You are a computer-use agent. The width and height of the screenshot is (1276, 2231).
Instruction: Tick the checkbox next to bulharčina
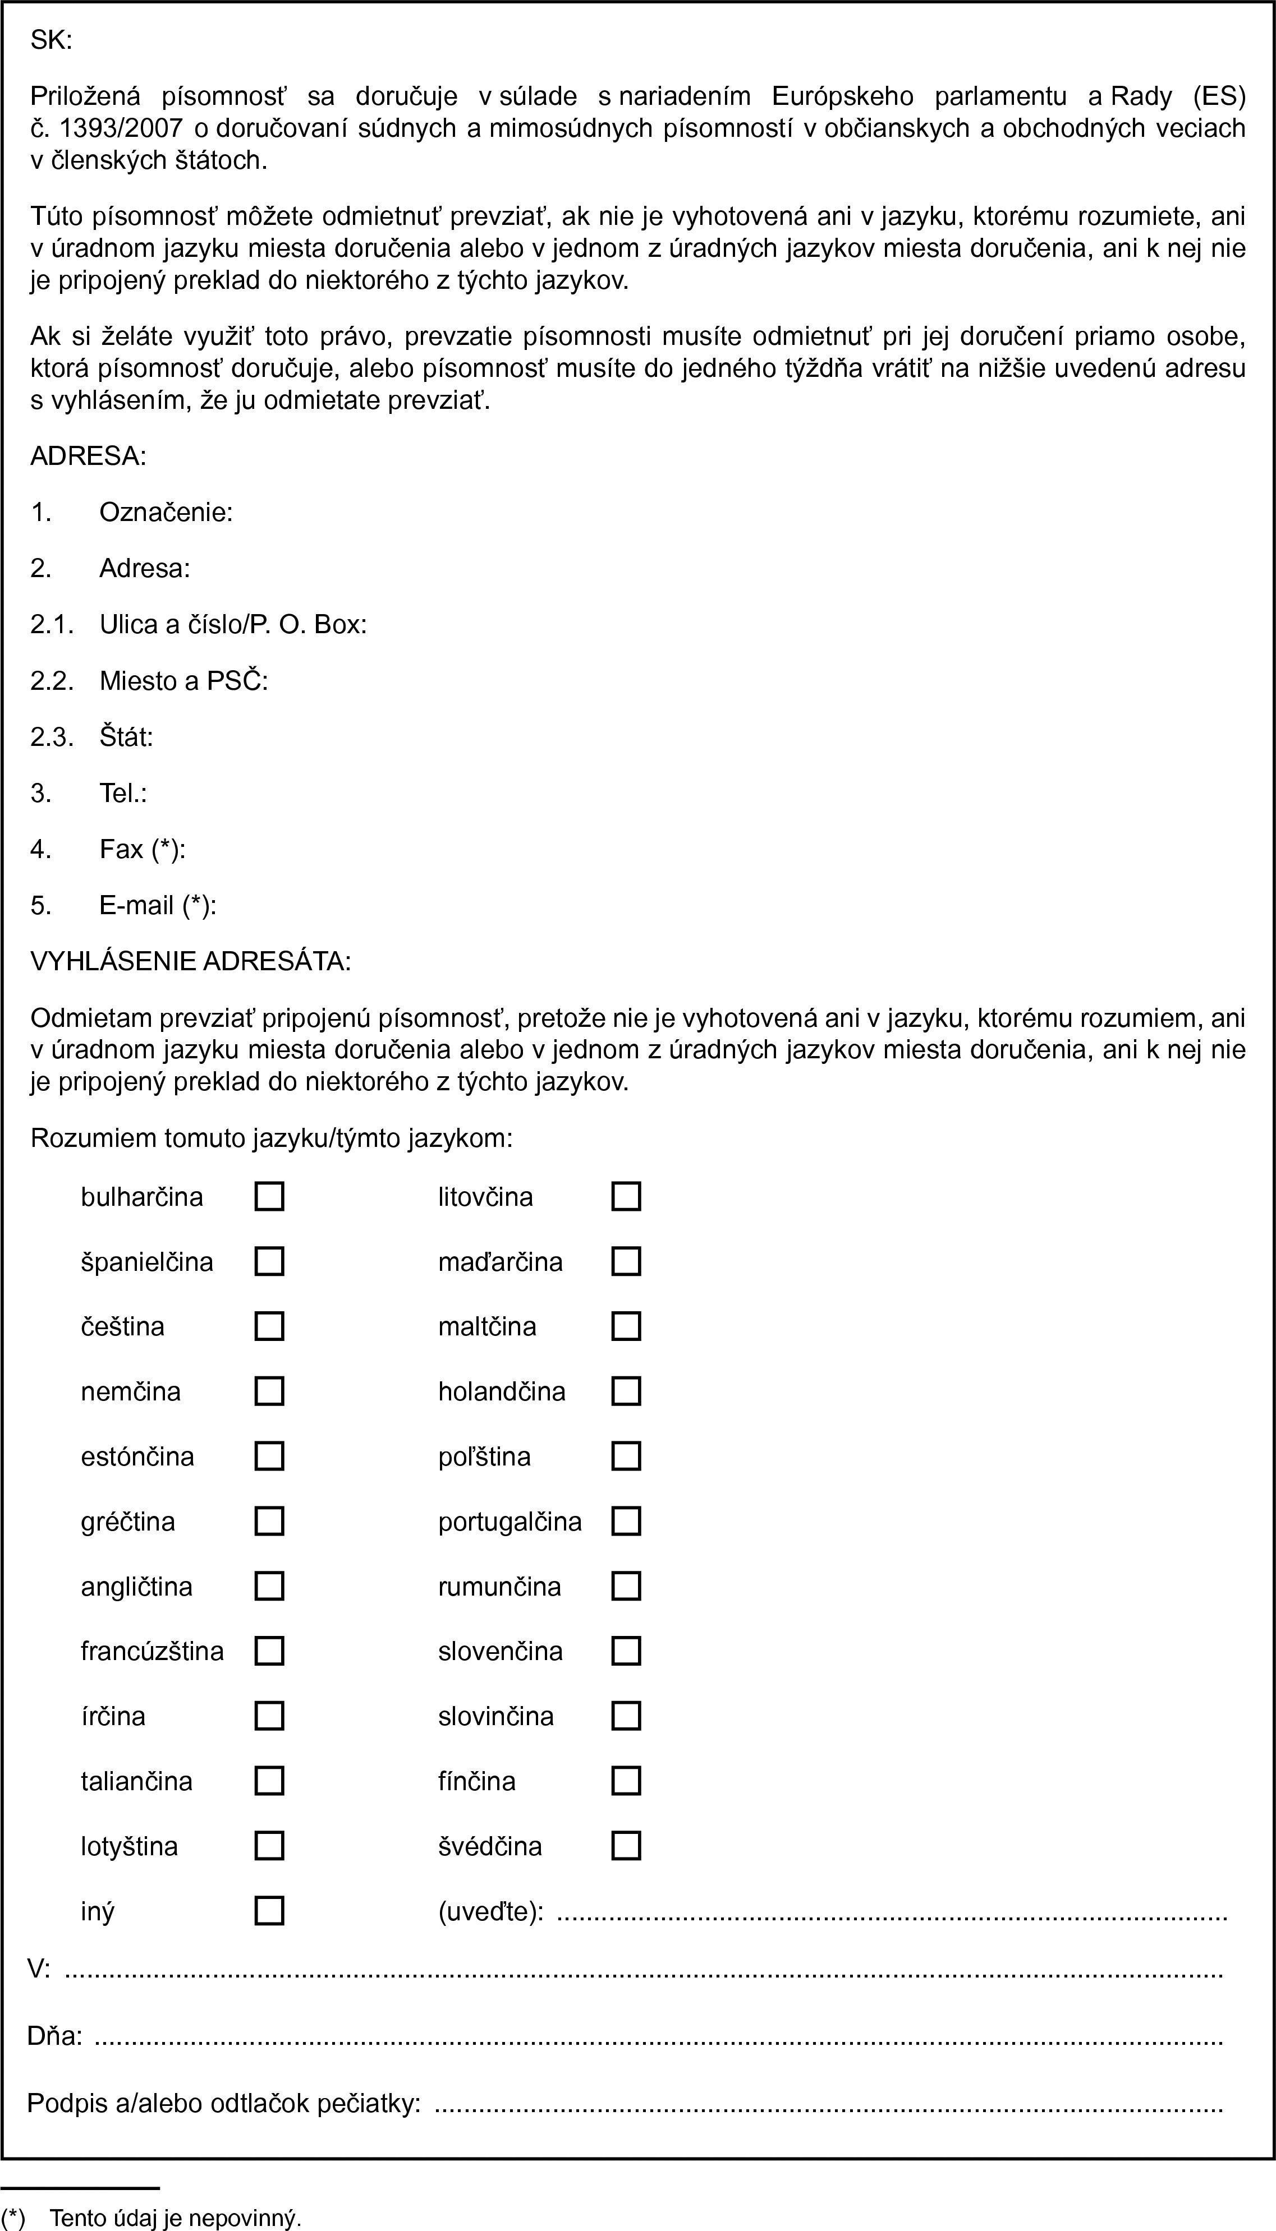coord(269,1196)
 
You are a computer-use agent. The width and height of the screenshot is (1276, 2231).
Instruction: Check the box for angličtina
coord(269,1586)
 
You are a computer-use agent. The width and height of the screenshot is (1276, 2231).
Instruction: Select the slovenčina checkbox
coord(626,1651)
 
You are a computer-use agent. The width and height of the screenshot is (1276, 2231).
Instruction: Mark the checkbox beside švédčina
coord(626,1846)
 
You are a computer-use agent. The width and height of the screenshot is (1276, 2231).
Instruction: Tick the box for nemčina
coord(269,1391)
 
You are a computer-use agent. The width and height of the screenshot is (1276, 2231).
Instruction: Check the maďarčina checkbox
coord(626,1261)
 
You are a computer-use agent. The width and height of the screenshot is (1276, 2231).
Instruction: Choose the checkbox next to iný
coord(269,1910)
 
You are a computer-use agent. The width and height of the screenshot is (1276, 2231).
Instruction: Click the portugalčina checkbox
coord(626,1522)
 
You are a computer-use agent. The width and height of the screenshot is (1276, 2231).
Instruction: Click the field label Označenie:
coord(166,513)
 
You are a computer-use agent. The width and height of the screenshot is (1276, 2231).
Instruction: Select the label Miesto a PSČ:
coord(183,681)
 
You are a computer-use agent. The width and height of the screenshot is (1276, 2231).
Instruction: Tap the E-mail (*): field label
coord(158,905)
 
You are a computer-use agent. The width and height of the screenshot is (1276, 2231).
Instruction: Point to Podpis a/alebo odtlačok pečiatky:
coord(223,2103)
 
